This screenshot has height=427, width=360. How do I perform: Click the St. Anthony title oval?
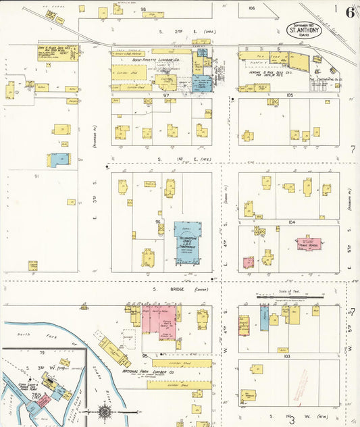tap(305, 30)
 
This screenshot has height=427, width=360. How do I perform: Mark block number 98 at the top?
tap(144, 9)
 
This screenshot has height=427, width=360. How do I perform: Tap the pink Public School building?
tap(309, 243)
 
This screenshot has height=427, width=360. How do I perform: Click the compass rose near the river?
tap(105, 411)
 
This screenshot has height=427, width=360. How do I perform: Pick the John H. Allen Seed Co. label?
tap(57, 49)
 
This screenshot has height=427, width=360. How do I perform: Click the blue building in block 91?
tap(59, 159)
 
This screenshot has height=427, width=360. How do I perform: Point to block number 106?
tap(251, 8)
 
